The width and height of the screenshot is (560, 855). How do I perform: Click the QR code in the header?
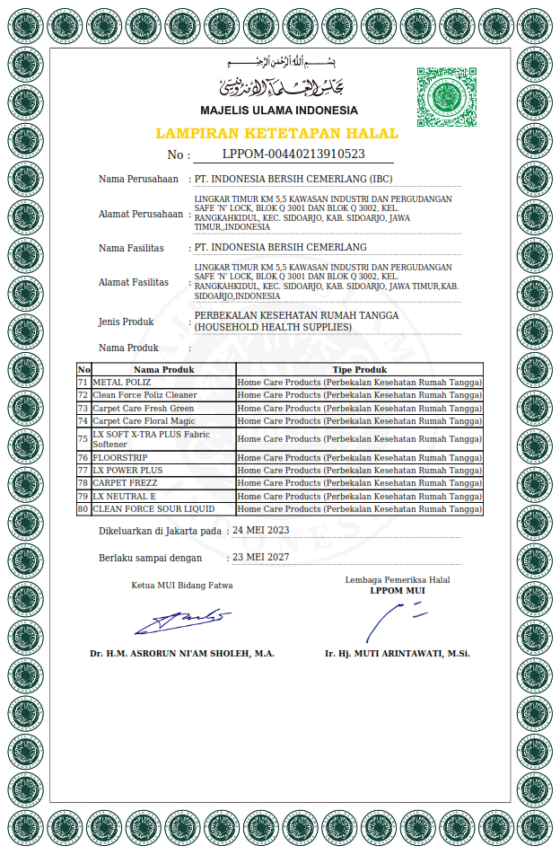pos(446,97)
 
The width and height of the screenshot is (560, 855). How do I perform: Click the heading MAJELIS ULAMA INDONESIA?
pos(278,110)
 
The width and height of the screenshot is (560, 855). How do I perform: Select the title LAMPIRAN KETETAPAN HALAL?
pos(277,133)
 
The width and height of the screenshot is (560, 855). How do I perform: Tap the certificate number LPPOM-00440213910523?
pos(293,154)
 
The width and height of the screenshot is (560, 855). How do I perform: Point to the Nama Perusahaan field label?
pos(138,180)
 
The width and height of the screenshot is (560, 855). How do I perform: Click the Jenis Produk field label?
pos(126,322)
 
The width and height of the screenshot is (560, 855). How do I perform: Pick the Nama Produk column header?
pos(163,369)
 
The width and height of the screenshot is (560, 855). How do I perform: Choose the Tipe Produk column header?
pos(359,369)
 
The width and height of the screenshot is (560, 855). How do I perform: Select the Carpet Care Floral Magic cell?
pos(144,420)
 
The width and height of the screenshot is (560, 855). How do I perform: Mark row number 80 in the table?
pos(83,509)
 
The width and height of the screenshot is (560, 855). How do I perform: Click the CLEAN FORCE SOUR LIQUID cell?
pos(153,509)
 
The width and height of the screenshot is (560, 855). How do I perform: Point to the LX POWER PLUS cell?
pos(127,471)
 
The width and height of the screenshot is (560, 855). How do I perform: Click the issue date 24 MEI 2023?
pos(261,531)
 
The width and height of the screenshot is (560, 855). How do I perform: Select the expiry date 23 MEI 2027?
pos(261,558)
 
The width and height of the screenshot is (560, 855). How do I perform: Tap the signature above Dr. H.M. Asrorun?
pos(182,619)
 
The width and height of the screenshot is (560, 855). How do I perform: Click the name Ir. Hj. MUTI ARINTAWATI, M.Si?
pos(398,654)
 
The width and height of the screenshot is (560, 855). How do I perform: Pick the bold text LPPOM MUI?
pos(398,591)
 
